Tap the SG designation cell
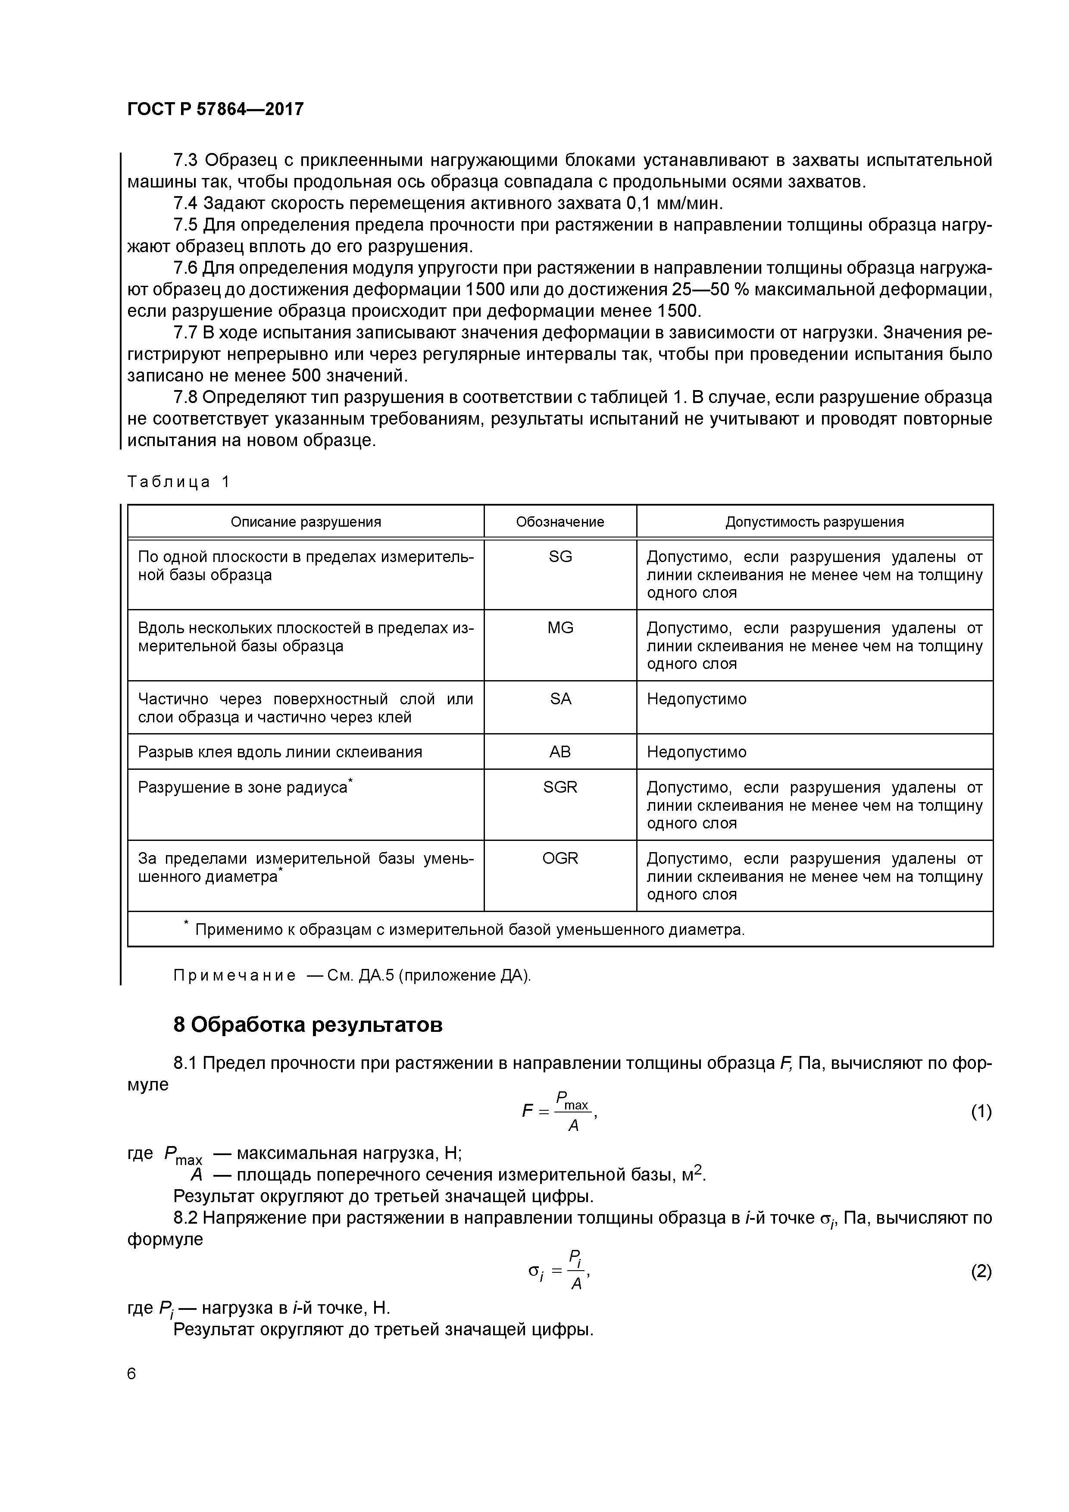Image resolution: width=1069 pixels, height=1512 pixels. pyautogui.click(x=560, y=557)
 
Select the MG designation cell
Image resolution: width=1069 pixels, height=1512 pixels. pyautogui.click(x=560, y=628)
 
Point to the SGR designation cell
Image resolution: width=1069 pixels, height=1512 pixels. pyautogui.click(x=560, y=787)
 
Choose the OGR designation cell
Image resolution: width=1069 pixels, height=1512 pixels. pyautogui.click(x=560, y=859)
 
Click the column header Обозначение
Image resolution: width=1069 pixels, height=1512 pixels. pyautogui.click(x=560, y=522)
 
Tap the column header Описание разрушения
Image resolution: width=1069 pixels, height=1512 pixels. pyautogui.click(x=306, y=522)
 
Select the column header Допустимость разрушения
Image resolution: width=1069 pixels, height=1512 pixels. pyautogui.click(x=814, y=522)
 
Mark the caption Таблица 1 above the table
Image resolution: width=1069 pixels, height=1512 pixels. pyautogui.click(x=178, y=482)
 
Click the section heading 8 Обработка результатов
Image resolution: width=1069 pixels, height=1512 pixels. pyautogui.click(x=308, y=1025)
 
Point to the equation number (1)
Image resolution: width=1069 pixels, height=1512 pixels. pyautogui.click(x=981, y=1112)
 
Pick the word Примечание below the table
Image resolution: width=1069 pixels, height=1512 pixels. pyautogui.click(x=234, y=976)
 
